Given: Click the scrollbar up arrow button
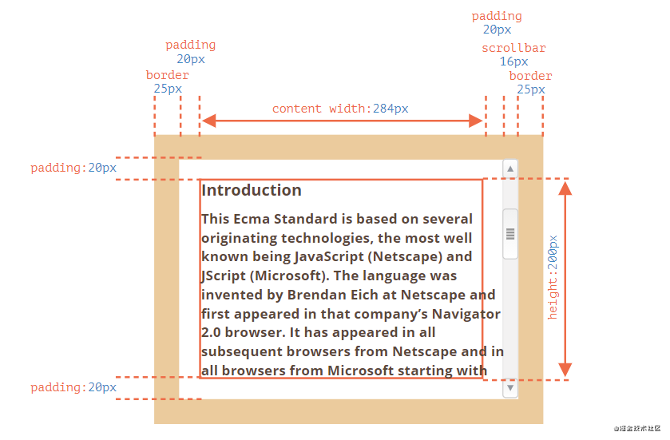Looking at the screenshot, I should click(510, 168).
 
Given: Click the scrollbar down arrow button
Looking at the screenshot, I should click(510, 389).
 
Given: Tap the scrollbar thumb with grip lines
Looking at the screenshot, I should click(510, 233).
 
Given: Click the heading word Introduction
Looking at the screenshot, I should click(251, 190).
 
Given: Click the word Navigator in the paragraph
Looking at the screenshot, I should click(466, 313).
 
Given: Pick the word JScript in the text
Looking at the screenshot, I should click(223, 276).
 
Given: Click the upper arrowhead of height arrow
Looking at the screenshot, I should click(565, 188).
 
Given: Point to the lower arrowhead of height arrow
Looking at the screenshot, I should click(565, 369).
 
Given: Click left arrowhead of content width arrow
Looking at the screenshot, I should click(208, 121).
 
